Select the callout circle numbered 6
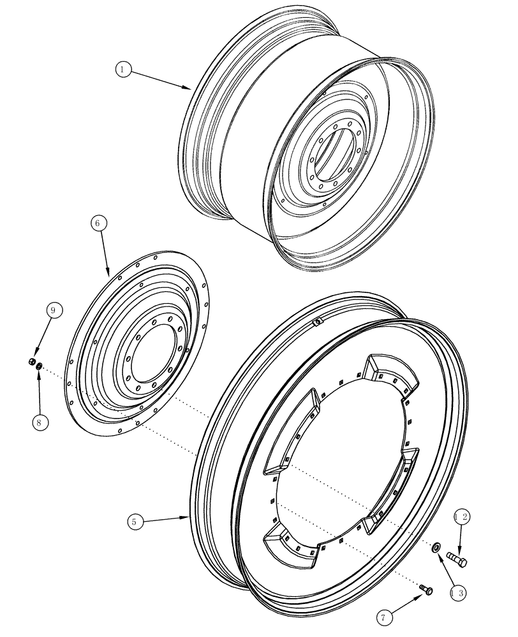pos(98,224)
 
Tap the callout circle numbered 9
pos(54,310)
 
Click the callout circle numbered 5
pos(134,522)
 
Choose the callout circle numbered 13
pos(457,592)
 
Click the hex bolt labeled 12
pos(457,559)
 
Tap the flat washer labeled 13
pos(436,548)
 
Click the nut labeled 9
pos(31,362)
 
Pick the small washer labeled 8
pos(40,366)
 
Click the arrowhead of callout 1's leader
pos(190,88)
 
